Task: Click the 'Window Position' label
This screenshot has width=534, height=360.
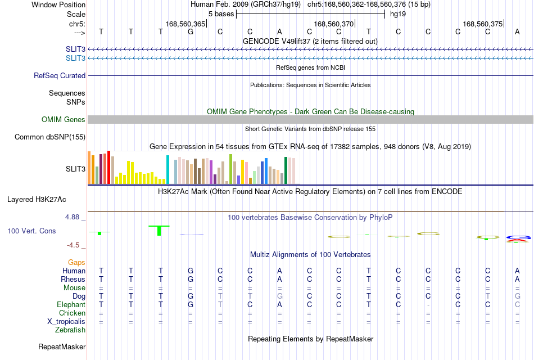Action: pos(58,4)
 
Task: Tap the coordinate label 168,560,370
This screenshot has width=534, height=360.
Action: pos(334,24)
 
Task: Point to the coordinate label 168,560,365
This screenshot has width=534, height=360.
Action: pos(185,24)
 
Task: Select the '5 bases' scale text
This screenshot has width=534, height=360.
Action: pos(221,14)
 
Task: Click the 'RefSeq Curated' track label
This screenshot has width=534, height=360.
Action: pos(60,76)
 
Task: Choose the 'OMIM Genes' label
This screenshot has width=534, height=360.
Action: pos(64,120)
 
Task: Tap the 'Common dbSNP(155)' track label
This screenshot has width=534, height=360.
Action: pos(49,137)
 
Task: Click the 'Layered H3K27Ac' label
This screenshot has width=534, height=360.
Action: pos(37,200)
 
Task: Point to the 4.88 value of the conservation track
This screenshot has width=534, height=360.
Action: pos(72,217)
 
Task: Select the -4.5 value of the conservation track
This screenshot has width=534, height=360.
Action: pos(73,245)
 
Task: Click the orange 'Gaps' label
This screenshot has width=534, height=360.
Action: pos(76,263)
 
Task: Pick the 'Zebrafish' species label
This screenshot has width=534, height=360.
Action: pos(70,330)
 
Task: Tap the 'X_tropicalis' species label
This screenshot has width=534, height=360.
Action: pos(66,322)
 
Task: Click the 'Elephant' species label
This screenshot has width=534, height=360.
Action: pos(71,304)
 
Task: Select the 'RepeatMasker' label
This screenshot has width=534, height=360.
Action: pos(62,346)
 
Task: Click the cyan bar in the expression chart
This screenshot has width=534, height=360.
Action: pos(168,170)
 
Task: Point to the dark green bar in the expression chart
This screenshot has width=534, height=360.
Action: pos(286,170)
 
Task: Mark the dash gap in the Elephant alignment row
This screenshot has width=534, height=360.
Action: pos(428,305)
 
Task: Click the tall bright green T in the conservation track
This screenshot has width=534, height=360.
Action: pos(159,230)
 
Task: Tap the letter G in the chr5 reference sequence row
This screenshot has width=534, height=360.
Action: pos(191,31)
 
